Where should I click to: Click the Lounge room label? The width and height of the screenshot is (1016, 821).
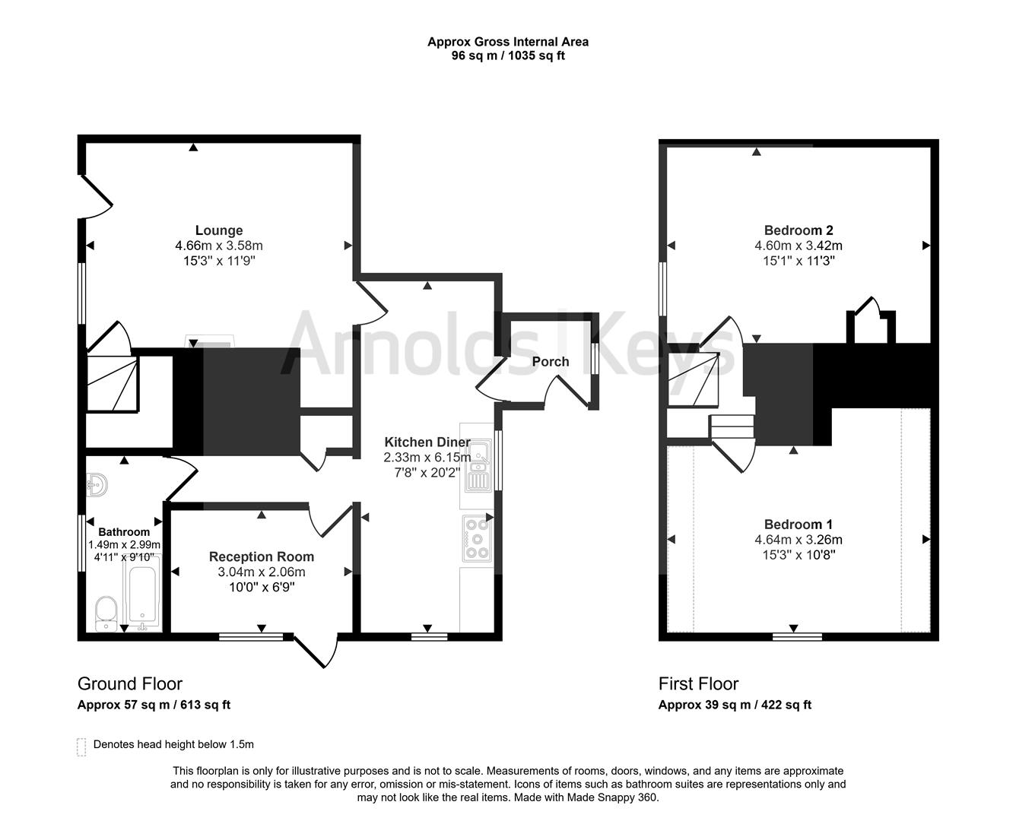point(219,230)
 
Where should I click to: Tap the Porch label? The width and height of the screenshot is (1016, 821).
point(550,361)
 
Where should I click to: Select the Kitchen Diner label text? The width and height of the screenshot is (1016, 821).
point(427,442)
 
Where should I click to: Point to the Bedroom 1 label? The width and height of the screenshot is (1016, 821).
point(798,525)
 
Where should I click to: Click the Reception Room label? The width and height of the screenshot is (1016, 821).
point(261,556)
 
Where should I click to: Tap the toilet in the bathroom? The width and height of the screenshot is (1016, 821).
point(106,613)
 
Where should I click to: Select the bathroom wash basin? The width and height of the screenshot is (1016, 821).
point(97,483)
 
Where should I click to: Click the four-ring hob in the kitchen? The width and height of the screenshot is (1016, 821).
point(477,538)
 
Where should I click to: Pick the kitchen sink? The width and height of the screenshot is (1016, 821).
point(478,467)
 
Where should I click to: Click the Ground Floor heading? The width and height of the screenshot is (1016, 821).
point(130,683)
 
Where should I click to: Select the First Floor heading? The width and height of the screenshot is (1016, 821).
point(698,683)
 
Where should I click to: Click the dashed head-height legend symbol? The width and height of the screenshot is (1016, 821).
point(81,747)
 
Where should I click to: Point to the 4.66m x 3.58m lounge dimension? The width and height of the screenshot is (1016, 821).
point(219,246)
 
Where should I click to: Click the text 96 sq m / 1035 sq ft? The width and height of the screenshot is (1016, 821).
point(507,55)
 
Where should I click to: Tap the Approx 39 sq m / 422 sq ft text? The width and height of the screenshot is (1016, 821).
point(735,705)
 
